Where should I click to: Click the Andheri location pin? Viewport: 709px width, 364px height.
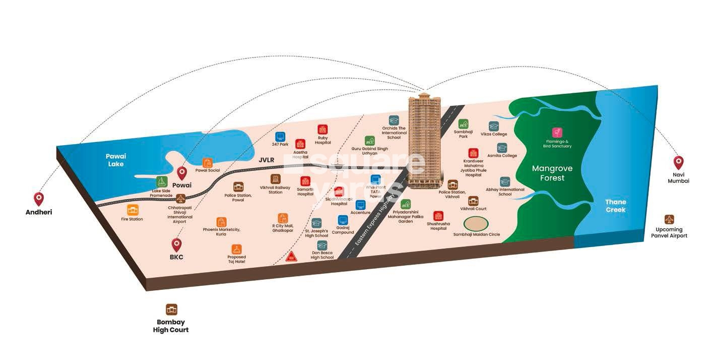tap(39, 199)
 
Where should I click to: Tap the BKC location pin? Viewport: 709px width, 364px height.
tap(176, 245)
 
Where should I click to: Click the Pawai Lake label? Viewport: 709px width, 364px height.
tap(115, 160)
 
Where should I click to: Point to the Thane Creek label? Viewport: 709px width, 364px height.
tap(616, 206)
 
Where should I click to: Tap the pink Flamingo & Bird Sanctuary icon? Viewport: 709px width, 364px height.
tap(557, 132)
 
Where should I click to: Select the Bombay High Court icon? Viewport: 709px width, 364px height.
tap(171, 310)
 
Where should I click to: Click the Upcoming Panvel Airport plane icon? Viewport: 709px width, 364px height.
tap(669, 220)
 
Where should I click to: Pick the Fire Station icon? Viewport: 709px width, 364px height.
tap(133, 210)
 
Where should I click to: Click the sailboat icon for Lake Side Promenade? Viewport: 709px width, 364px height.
tap(161, 182)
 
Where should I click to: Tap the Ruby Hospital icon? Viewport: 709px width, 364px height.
tap(323, 130)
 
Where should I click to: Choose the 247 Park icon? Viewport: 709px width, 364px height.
tap(280, 136)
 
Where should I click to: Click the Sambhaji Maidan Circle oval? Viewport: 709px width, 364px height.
tap(476, 223)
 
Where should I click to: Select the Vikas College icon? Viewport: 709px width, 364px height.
tap(493, 126)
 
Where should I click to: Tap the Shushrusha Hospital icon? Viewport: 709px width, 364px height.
tap(438, 216)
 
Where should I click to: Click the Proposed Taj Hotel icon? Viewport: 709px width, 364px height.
tap(237, 249)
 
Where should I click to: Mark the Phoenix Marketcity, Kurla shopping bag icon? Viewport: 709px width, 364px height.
tap(221, 222)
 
